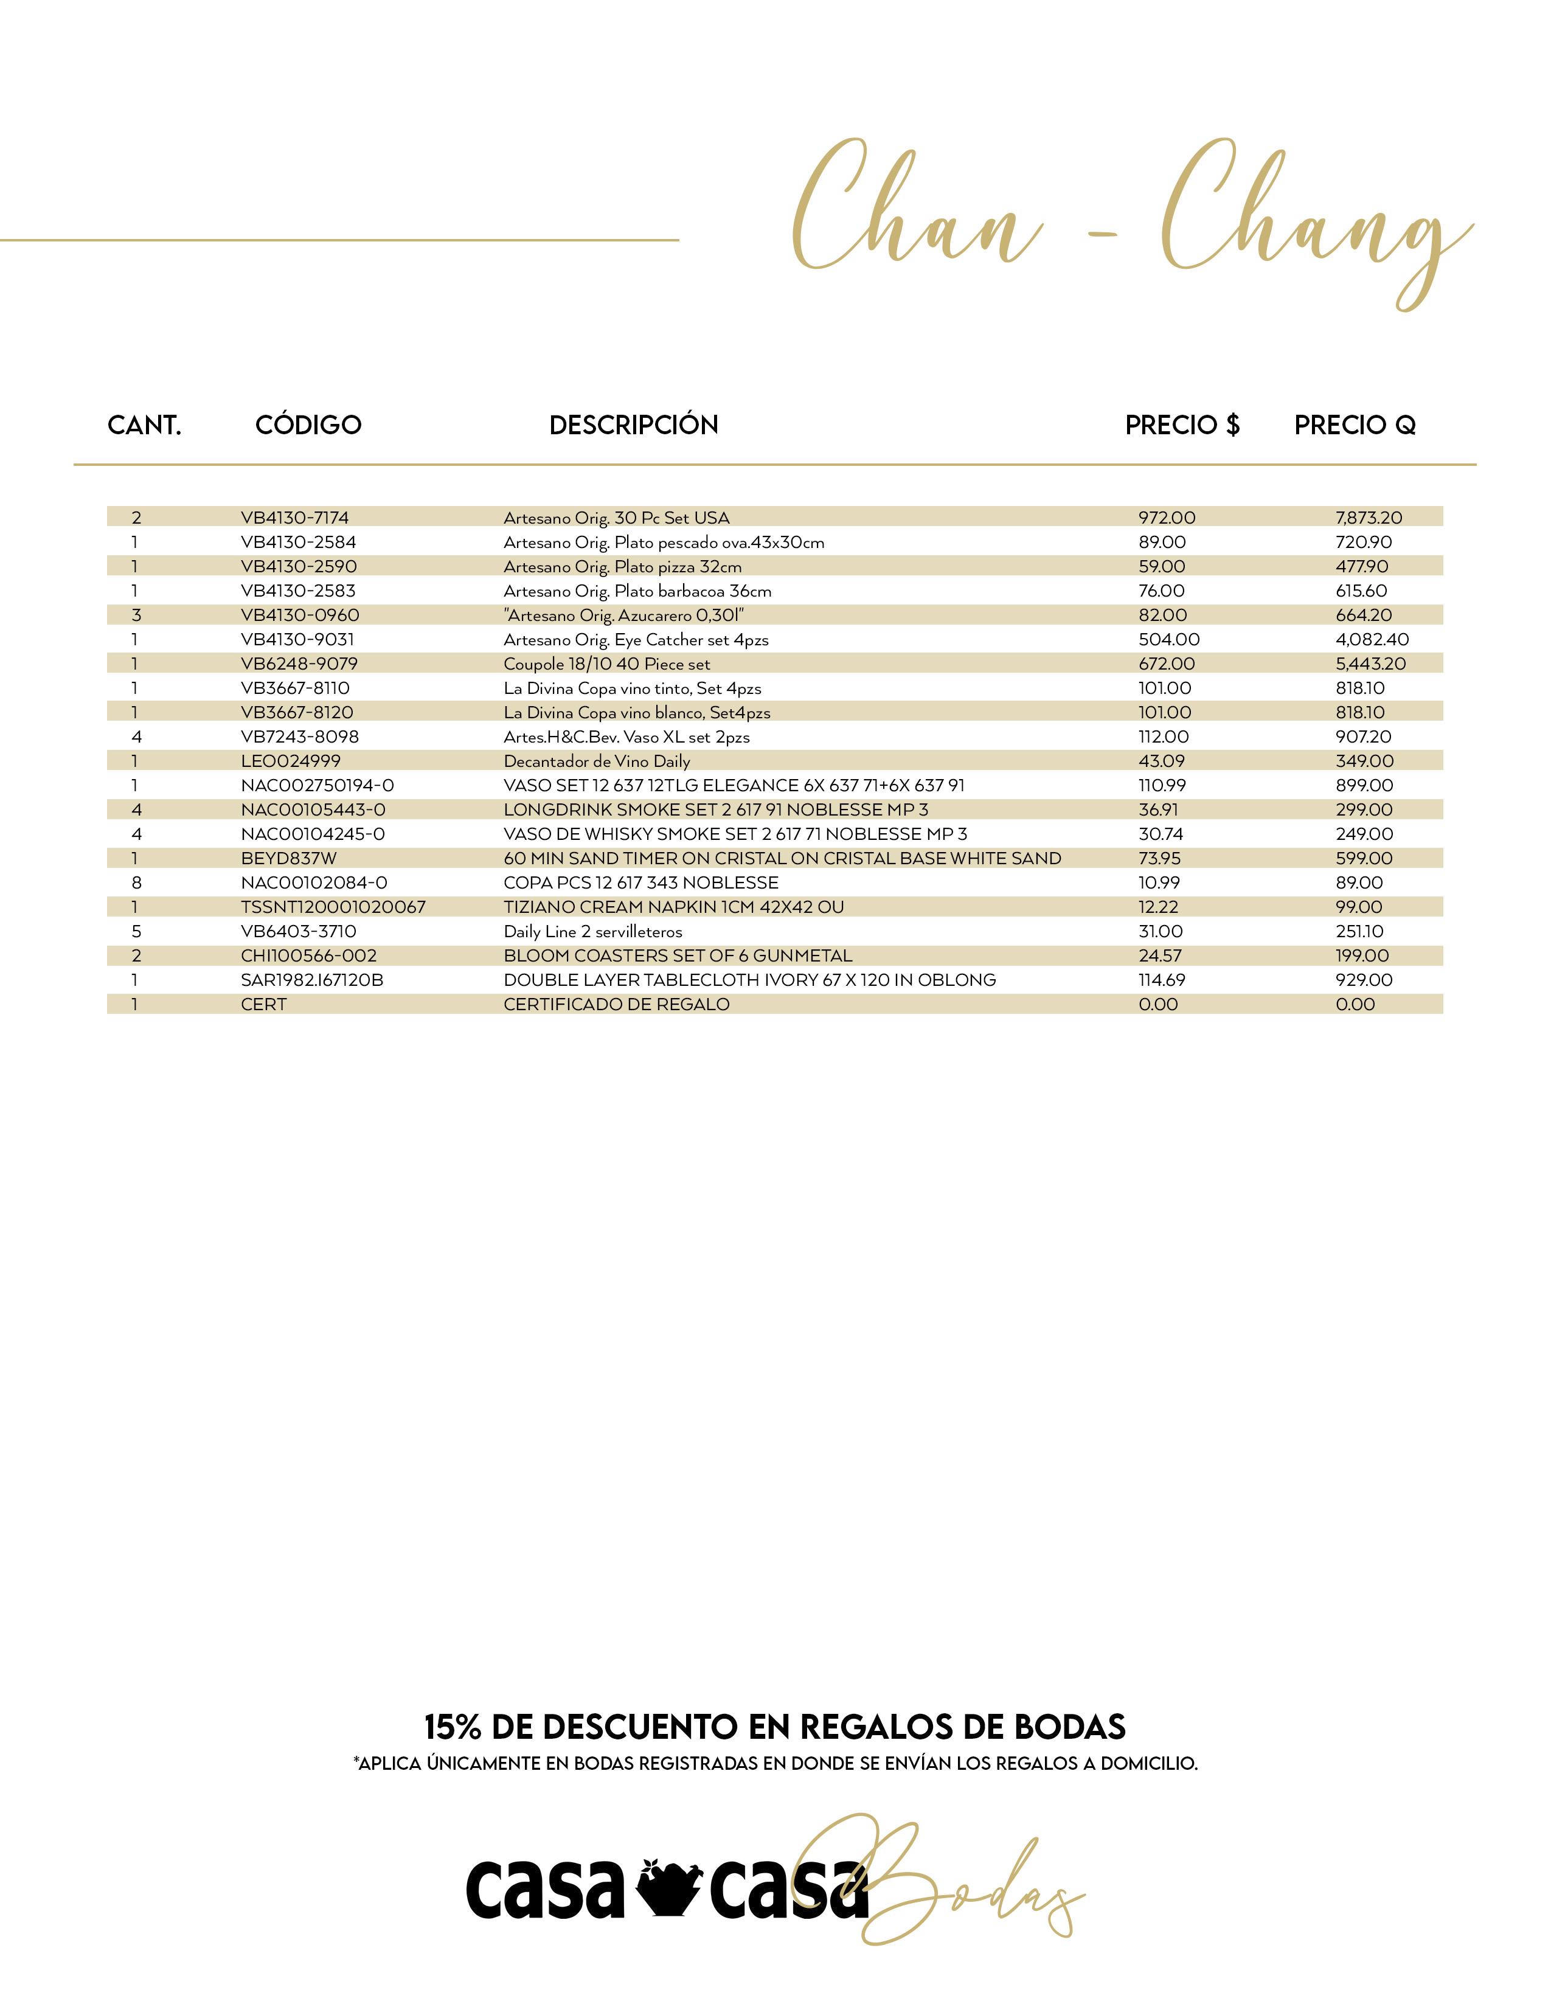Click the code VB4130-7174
click(x=294, y=518)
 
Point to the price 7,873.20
click(x=1368, y=518)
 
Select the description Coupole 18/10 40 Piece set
click(x=606, y=664)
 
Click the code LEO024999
click(x=290, y=761)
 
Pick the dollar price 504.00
click(x=1169, y=640)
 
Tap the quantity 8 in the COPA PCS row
click(x=137, y=882)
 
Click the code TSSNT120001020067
click(x=333, y=907)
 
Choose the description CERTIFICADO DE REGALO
click(x=617, y=1005)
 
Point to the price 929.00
click(x=1364, y=980)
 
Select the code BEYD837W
click(x=288, y=858)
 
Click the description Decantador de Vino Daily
click(x=596, y=761)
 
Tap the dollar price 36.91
click(x=1157, y=809)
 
